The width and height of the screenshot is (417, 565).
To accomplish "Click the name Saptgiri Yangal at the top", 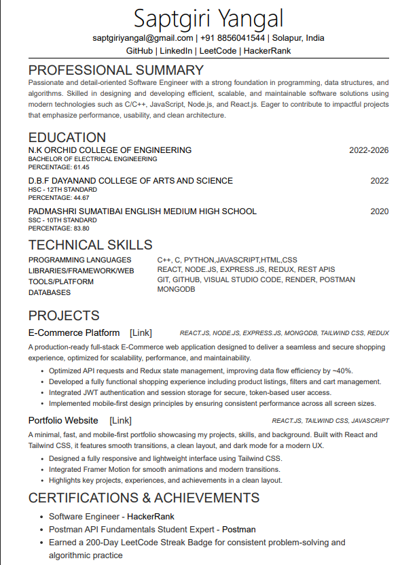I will [x=208, y=18].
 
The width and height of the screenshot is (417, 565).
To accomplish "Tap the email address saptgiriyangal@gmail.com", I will [x=143, y=38].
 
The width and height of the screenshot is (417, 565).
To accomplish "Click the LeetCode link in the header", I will [x=219, y=51].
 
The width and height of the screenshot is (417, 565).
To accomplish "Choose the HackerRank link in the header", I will [x=267, y=51].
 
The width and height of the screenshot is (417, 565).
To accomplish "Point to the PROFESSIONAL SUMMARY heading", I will [x=115, y=70].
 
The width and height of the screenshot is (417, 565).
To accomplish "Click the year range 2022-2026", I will [x=369, y=150].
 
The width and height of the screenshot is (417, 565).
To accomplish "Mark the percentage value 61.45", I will [x=81, y=167].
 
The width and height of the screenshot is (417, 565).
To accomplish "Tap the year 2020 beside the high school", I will [x=379, y=211].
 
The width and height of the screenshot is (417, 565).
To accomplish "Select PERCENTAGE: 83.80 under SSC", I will [x=58, y=228].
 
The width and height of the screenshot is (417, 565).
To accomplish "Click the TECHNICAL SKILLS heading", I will [x=90, y=245].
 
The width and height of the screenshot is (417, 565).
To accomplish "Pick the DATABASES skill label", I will [x=50, y=293].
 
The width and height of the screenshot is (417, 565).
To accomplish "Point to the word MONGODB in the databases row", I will [x=176, y=290].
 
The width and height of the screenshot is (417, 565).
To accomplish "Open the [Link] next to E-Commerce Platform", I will [x=141, y=333].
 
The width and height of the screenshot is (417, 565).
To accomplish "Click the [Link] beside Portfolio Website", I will [x=121, y=421].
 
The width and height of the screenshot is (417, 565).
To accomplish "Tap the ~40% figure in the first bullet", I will [x=342, y=371].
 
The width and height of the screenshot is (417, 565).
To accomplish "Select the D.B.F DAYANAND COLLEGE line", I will [x=130, y=181].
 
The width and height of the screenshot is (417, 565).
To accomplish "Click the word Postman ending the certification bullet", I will [x=239, y=529].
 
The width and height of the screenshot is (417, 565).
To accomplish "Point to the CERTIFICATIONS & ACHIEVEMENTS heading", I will [x=143, y=498].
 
